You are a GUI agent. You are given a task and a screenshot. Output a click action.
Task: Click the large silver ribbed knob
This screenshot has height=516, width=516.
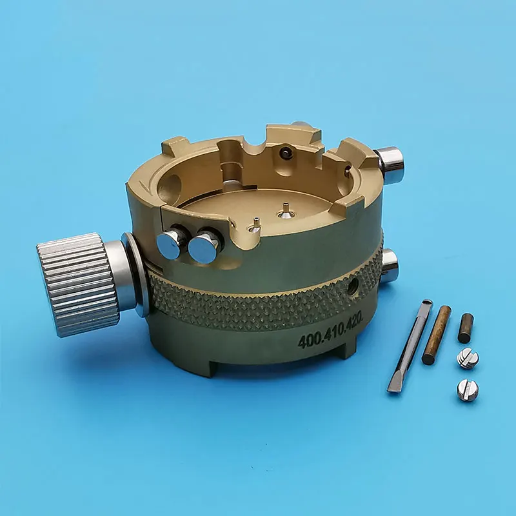77,284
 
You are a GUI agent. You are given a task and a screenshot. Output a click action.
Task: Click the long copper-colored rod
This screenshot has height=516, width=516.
436,335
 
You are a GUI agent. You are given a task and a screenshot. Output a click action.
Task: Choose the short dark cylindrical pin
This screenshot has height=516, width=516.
465,328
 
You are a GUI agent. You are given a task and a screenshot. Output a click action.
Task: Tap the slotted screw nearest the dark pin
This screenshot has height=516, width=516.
468,358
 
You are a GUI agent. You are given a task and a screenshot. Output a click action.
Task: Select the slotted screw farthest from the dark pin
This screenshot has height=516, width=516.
467,390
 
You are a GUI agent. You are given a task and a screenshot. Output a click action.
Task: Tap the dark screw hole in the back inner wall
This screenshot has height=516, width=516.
284,152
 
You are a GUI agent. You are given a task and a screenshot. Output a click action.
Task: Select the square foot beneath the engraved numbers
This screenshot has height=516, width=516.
345,348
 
